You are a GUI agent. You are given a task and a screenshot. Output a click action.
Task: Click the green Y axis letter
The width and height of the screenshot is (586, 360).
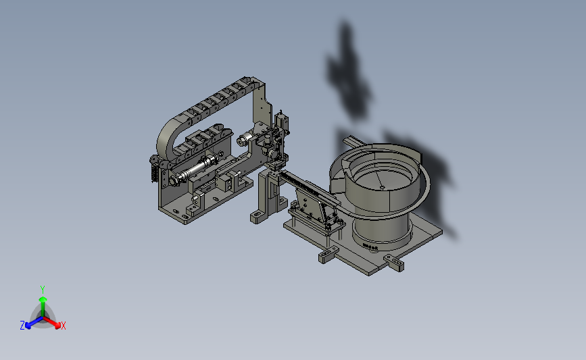coord(42,290)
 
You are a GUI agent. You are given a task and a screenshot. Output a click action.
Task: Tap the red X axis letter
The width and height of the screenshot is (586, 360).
coord(63,326)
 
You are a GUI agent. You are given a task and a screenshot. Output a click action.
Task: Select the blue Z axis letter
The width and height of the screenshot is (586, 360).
coord(22,326)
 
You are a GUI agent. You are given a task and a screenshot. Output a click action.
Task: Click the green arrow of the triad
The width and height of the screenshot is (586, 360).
coord(43,306)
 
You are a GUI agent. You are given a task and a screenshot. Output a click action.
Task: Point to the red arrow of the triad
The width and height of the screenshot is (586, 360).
coord(52,322)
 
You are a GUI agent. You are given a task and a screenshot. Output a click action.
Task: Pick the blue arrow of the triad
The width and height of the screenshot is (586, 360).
coord(34,322)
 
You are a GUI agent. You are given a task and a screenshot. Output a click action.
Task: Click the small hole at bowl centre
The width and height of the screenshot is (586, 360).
coord(382,188)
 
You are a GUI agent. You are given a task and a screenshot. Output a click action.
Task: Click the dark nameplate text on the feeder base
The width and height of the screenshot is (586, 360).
coord(370,247)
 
